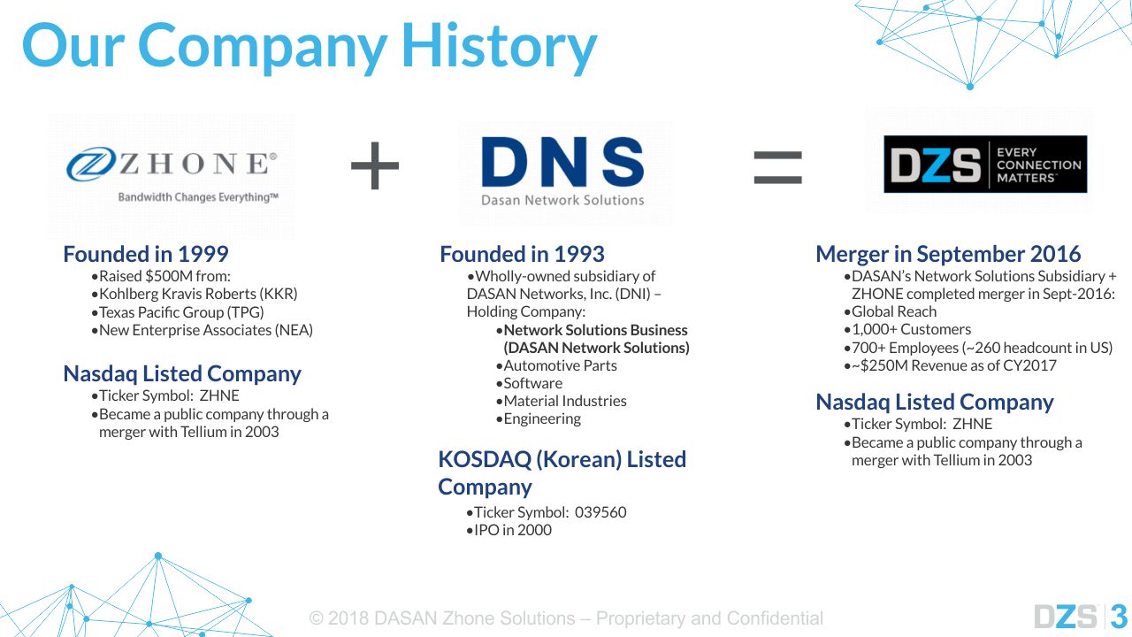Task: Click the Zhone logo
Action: tap(172, 174)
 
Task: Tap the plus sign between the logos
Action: tap(374, 165)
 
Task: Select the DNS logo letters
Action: tap(563, 162)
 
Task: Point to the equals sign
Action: tap(777, 167)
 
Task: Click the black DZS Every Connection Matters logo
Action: tap(985, 164)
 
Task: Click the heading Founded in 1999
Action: tap(146, 254)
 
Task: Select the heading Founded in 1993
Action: tap(522, 254)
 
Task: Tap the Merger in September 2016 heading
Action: tap(948, 254)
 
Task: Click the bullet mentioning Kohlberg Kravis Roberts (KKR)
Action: tap(195, 294)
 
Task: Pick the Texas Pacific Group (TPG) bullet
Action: tap(178, 312)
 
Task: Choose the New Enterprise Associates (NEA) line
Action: tap(203, 330)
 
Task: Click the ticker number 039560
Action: tap(600, 512)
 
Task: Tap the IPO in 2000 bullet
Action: tap(509, 530)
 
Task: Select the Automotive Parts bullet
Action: tap(556, 365)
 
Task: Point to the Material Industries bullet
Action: tap(562, 401)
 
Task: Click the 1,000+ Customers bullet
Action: tap(907, 330)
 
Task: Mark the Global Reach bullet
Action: tap(891, 311)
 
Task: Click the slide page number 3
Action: tap(1119, 617)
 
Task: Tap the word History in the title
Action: tap(500, 47)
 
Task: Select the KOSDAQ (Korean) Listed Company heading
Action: tap(562, 472)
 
